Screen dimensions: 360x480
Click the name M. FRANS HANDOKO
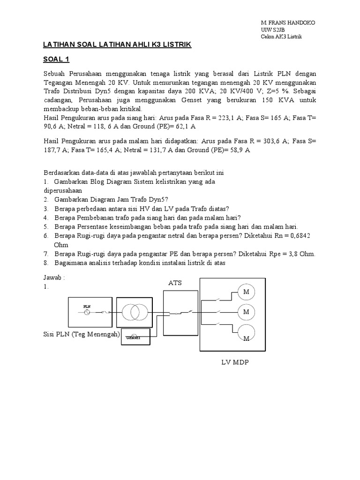click(288, 23)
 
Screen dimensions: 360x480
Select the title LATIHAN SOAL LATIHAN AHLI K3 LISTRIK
click(117, 44)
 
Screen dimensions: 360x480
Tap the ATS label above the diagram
click(175, 283)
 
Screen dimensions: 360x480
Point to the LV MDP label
click(235, 362)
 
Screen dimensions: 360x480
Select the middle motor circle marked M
click(246, 311)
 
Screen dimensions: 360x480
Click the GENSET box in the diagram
click(135, 337)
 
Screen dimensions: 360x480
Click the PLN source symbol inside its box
click(87, 311)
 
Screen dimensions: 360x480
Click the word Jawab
click(52, 277)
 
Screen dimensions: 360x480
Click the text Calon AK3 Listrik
click(282, 37)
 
